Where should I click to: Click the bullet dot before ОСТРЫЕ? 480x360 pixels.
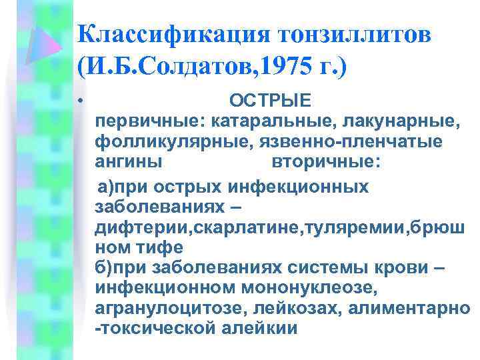(79, 102)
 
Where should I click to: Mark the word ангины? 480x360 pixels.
(127, 162)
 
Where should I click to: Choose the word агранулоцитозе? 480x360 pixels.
(165, 308)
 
